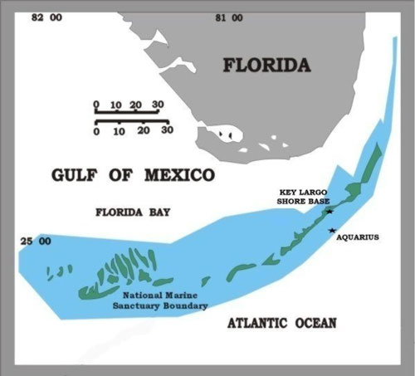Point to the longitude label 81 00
(x=227, y=17)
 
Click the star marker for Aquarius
(x=332, y=231)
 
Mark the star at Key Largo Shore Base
(x=330, y=211)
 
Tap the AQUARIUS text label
(x=358, y=237)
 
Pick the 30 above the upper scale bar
(x=158, y=105)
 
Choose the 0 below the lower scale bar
(x=97, y=131)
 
